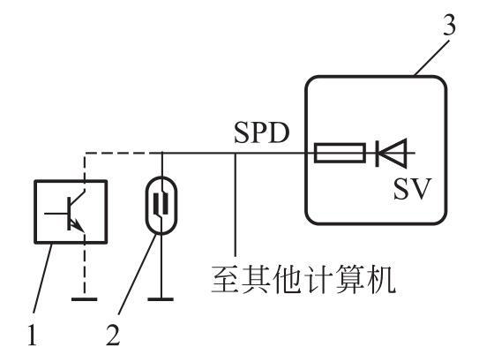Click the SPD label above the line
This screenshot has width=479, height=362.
(261, 133)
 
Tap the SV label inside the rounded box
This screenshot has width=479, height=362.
(412, 189)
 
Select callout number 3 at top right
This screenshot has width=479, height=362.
(449, 24)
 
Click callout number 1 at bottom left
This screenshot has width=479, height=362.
(33, 336)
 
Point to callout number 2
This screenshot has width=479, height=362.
(113, 335)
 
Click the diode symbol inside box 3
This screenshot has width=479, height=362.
(392, 153)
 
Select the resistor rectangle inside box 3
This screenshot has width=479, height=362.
(340, 153)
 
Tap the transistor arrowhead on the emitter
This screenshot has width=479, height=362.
(79, 227)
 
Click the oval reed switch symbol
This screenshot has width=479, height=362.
(161, 206)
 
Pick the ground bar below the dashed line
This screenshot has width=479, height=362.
(85, 299)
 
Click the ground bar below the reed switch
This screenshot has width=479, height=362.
(161, 299)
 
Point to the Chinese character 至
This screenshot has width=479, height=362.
(226, 279)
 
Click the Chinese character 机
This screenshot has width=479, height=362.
(382, 279)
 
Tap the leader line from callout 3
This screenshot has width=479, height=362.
(432, 57)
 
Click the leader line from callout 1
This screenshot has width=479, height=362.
(42, 278)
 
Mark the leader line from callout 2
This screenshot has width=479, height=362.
(138, 274)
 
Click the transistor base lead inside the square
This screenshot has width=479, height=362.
(56, 213)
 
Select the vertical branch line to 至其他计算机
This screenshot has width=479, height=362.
(236, 204)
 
